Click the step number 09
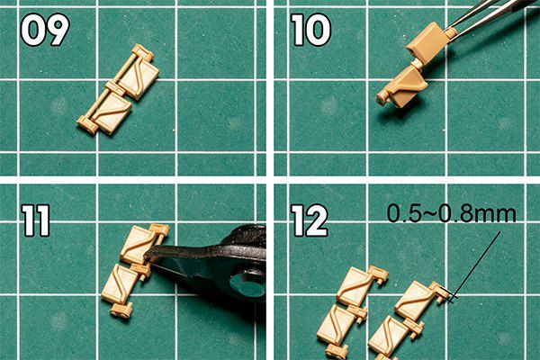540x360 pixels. pos(45,30)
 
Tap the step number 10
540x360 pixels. pos(311,30)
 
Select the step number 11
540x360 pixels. pos(36,220)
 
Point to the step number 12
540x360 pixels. pos(310,220)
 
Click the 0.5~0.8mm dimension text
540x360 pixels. pos(452,213)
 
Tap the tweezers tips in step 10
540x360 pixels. pos(451,31)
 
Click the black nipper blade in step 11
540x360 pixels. pos(179,253)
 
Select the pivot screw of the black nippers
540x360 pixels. pos(246,285)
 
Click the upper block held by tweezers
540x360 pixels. pos(426,40)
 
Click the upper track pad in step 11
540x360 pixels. pos(137,245)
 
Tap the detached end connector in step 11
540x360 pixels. pos(121,310)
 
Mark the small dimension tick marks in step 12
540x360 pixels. pos(450,297)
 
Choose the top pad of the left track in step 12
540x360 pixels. pos(355,286)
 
